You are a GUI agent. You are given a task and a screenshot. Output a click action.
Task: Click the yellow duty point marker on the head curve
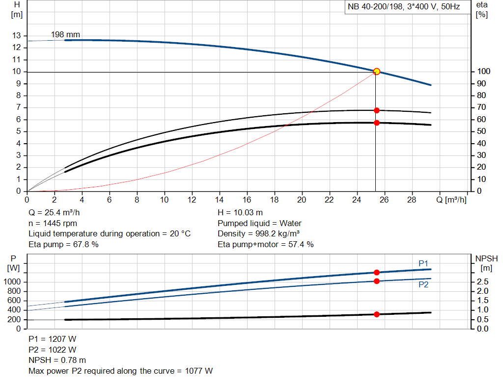coord(377,72)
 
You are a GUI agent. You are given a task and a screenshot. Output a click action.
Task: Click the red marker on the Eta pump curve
coord(377,110)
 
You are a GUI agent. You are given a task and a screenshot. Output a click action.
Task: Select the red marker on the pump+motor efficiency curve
coord(377,123)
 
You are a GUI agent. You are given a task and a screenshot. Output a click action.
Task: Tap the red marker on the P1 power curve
coord(377,272)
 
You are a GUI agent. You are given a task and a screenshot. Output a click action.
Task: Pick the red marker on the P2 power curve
coord(377,281)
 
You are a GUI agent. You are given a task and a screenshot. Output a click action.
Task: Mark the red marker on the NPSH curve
coord(377,314)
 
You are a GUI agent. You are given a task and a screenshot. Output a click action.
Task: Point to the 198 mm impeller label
coord(65,35)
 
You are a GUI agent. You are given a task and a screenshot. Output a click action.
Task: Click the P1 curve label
coord(423,264)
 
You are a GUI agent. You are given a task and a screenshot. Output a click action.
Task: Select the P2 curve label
coord(423,284)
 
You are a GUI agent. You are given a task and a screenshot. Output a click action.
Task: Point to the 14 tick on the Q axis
coord(220,200)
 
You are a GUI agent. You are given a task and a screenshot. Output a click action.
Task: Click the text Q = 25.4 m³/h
coord(54,213)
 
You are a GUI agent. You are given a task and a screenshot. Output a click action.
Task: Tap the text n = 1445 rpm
coord(53,223)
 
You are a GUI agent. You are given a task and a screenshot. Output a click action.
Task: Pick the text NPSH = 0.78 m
coord(56,360)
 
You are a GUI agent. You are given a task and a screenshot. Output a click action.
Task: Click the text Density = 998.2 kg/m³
coord(259,233)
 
